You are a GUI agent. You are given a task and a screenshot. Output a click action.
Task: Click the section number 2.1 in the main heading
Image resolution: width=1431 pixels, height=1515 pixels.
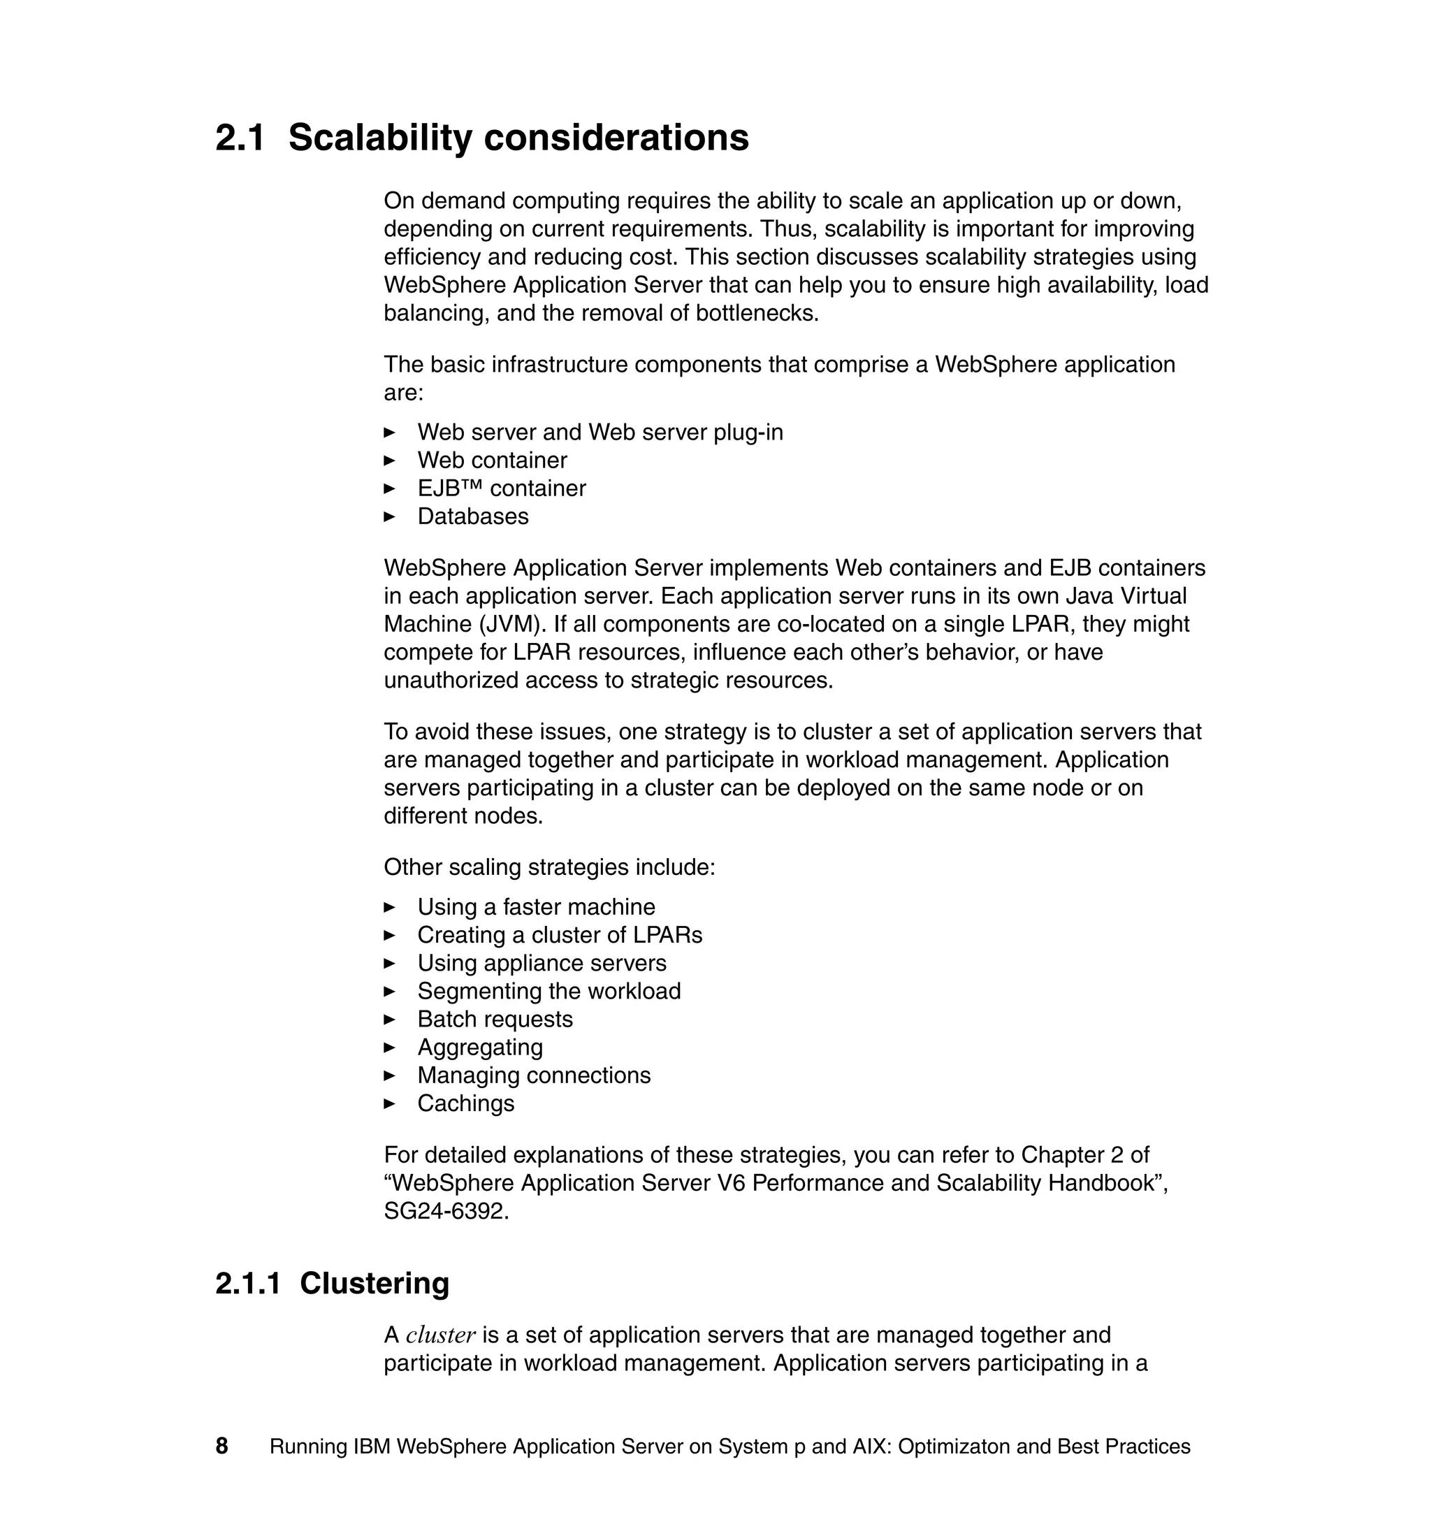pos(240,138)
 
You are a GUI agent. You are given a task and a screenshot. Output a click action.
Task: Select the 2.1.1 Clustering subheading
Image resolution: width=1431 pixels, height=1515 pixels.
pos(332,1283)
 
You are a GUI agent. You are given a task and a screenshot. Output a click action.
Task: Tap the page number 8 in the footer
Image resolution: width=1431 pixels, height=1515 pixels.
pos(222,1446)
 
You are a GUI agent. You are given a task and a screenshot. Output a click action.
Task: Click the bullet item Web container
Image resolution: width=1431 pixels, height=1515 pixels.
pos(492,460)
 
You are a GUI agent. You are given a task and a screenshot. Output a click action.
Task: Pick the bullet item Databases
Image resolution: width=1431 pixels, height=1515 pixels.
pos(472,516)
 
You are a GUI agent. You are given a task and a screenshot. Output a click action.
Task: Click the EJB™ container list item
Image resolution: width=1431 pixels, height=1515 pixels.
pos(501,488)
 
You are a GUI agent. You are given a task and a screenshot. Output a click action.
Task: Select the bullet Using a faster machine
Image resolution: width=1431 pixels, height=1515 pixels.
pos(535,906)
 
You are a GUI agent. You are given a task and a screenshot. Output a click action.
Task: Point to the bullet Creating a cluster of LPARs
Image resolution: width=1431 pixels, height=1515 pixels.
pos(559,934)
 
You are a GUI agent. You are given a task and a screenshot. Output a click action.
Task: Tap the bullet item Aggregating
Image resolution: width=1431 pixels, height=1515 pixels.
pos(480,1048)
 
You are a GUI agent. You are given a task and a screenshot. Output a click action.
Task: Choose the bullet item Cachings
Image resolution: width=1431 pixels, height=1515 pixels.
pos(465,1103)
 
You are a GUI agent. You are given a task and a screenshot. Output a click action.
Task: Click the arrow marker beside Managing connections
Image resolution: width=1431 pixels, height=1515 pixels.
pos(389,1075)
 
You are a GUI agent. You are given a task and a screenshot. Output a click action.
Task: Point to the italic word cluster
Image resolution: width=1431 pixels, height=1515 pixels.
pos(440,1335)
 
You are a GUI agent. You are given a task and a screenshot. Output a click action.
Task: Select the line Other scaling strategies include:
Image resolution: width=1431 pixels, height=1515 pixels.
pos(549,867)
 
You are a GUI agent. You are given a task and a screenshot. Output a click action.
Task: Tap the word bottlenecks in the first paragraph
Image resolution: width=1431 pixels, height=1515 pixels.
pos(756,313)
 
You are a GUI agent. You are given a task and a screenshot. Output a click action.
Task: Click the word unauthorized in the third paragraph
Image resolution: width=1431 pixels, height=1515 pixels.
pos(451,680)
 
